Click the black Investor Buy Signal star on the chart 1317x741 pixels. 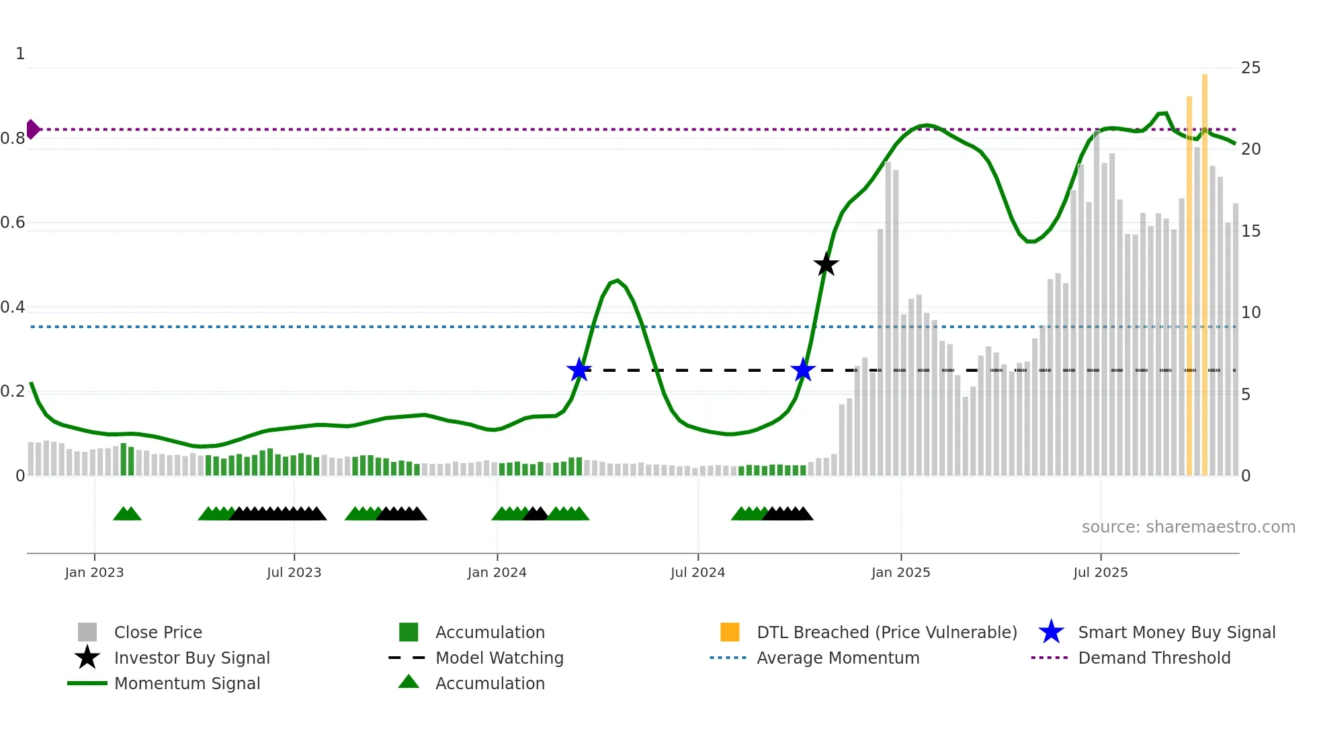click(826, 265)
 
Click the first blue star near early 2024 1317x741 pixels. click(579, 370)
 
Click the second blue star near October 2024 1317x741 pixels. click(803, 370)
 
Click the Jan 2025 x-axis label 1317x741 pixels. click(900, 572)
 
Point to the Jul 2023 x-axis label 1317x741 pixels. click(294, 572)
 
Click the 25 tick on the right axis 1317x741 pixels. click(1250, 68)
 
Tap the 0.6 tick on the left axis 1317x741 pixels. click(13, 223)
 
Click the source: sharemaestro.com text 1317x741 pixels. click(1188, 527)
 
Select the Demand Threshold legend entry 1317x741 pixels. click(1154, 658)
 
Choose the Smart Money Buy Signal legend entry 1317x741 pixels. click(1176, 632)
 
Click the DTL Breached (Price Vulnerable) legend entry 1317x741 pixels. click(886, 632)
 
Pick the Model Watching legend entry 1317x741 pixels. click(499, 658)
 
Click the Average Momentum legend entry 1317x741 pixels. click(837, 658)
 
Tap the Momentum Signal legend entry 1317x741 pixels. click(187, 683)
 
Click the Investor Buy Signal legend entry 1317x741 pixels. click(192, 658)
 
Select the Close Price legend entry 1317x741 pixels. click(158, 632)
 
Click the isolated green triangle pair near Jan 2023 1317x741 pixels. click(127, 514)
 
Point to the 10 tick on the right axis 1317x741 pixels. click(1250, 313)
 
